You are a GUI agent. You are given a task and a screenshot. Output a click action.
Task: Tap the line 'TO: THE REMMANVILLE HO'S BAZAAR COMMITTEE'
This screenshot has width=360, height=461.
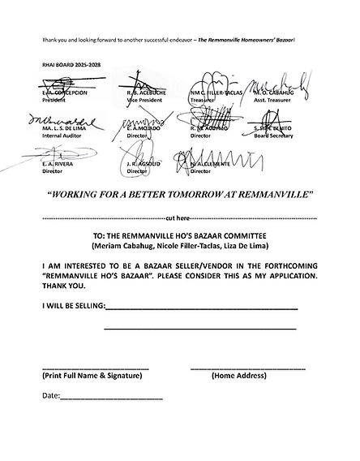coord(180,235)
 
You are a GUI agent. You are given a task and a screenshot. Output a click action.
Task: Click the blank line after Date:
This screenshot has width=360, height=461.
coord(111,398)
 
